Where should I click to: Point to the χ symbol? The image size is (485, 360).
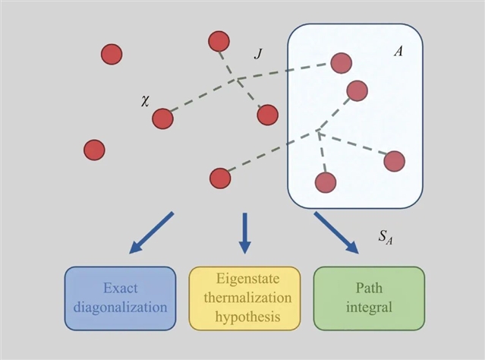pos(145,99)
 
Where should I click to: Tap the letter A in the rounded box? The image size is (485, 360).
pos(398,52)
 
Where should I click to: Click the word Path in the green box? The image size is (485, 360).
pos(369,289)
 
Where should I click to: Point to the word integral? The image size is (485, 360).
pos(369,308)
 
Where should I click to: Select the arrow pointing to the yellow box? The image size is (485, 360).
pos(244,232)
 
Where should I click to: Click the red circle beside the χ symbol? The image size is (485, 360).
pos(163,118)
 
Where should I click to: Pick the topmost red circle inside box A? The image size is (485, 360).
pos(341,62)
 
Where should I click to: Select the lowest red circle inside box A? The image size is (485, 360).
pos(325,182)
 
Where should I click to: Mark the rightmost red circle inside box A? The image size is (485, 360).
pos(394,161)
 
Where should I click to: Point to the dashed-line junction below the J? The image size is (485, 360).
pos(237,79)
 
